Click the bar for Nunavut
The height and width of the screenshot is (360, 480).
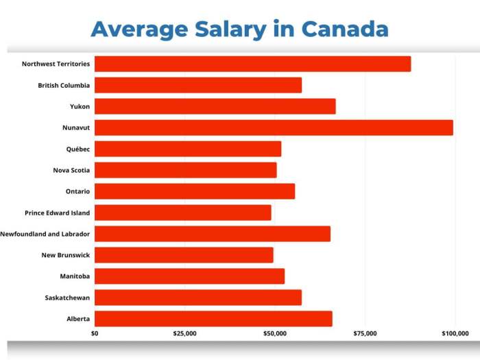274,128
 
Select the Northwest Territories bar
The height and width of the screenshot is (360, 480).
252,64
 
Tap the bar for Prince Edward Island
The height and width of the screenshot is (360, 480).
182,213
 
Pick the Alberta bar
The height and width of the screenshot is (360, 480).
213,319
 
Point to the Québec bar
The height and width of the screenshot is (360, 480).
187,149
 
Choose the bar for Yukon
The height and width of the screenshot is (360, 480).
215,106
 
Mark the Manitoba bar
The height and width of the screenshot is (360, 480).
189,276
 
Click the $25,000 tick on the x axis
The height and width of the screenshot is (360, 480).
185,334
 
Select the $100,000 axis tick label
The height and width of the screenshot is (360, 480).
455,334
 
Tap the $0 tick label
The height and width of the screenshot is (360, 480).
95,334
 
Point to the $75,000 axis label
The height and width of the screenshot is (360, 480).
365,334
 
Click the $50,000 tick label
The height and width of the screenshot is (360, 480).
275,334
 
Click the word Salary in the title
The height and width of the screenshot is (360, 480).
230,29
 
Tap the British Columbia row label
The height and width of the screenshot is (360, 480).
64,86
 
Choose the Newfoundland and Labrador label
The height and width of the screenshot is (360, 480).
45,235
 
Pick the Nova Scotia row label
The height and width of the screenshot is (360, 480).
71,171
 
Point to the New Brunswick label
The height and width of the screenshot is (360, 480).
66,256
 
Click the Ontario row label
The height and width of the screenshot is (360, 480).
77,192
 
